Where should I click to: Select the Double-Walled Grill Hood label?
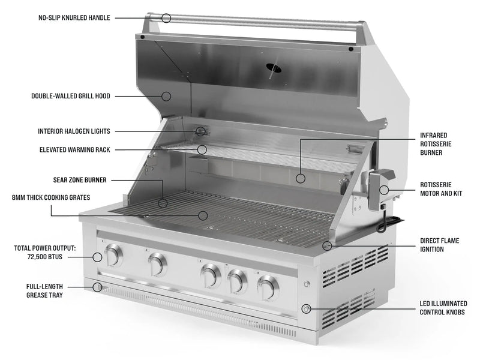click(71, 96)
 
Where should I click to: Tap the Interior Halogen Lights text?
click(74, 131)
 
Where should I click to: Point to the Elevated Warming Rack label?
click(74, 149)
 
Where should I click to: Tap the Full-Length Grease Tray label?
click(44, 291)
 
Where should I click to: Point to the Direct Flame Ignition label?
click(440, 245)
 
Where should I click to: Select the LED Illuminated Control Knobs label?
click(443, 308)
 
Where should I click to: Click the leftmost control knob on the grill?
click(113, 256)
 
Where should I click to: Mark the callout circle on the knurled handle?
click(166, 18)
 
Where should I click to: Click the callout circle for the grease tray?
click(97, 287)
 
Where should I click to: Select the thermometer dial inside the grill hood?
click(273, 68)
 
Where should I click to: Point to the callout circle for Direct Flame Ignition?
click(327, 245)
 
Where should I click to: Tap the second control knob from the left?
click(157, 264)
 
